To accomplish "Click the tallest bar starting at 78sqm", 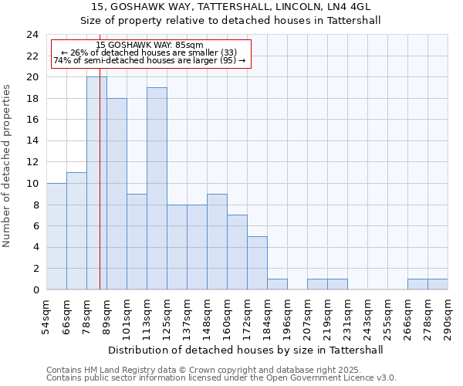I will coord(96,183).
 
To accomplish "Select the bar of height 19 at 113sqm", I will coord(157,188).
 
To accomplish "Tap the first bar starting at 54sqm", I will coord(56,236).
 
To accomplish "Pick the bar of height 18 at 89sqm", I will coord(117,194).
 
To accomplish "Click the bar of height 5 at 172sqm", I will coord(257,262).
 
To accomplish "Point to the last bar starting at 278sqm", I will coord(438,284).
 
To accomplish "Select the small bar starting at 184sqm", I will coord(277,284).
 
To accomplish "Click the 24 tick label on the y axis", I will coord(32,35).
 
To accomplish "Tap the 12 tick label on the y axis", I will coord(32,162).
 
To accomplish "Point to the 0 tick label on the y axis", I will coord(35,289).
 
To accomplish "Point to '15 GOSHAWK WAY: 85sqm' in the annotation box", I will coord(150,45).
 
